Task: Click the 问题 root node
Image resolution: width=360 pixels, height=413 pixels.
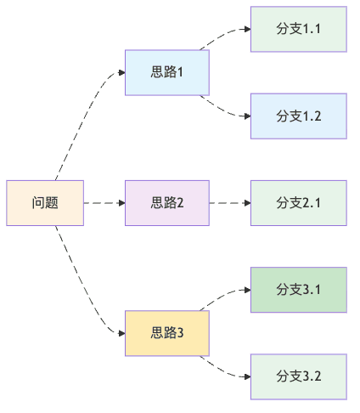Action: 45,203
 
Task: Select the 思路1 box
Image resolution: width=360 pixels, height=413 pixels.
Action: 166,72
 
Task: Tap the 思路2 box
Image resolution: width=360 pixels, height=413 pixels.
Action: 166,203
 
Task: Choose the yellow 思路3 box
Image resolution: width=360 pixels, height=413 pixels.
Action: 166,333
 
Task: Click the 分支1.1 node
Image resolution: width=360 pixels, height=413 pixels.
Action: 298,29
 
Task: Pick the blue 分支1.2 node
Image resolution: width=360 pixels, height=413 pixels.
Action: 298,116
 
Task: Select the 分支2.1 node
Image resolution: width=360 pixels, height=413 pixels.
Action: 298,203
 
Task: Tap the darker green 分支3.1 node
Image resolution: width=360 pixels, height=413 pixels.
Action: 298,290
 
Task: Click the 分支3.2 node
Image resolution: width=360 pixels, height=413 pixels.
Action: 298,376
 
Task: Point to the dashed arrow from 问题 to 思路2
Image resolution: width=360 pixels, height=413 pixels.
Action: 104,203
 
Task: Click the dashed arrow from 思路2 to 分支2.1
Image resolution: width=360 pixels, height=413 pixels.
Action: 229,203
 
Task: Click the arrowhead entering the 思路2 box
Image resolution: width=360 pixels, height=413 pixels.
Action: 121,203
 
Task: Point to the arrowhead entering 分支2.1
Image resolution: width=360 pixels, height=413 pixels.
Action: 246,203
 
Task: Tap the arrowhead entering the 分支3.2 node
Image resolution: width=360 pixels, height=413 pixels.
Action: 246,376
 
